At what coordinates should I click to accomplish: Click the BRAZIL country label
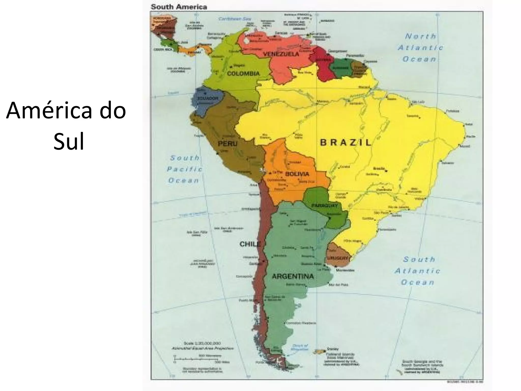pyautogui.click(x=345, y=143)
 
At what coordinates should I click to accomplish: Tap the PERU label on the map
pyautogui.click(x=227, y=144)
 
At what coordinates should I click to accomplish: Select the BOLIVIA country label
pyautogui.click(x=297, y=174)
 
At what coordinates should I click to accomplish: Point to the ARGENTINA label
pyautogui.click(x=293, y=276)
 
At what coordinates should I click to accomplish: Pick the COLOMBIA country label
pyautogui.click(x=243, y=74)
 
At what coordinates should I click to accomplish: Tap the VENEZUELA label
pyautogui.click(x=281, y=54)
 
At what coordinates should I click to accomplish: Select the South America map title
pyautogui.click(x=179, y=7)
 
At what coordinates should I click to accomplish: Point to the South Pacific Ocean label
pyautogui.click(x=184, y=169)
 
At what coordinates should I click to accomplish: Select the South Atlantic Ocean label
pyautogui.click(x=417, y=271)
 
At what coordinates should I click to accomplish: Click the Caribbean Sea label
pyautogui.click(x=235, y=19)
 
